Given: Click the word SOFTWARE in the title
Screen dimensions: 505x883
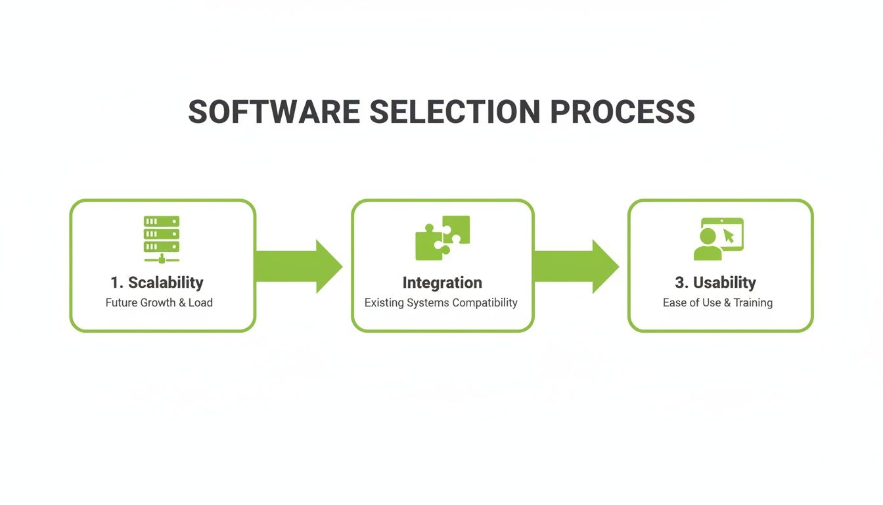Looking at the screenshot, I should [x=274, y=112].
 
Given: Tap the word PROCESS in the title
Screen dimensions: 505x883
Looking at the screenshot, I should [x=622, y=112].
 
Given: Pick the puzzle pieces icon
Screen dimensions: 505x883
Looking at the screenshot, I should [x=442, y=237].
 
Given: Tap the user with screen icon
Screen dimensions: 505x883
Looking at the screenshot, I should [x=718, y=239].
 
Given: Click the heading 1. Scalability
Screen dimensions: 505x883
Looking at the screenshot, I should [x=157, y=283].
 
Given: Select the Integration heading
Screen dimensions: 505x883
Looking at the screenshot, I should [x=442, y=283].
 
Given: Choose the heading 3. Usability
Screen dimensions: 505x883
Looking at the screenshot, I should [x=715, y=283].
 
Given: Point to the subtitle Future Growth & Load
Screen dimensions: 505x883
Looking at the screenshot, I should [x=159, y=303].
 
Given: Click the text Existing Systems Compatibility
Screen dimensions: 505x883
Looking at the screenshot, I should [x=441, y=303].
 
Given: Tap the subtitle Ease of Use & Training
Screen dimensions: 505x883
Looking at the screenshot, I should [x=717, y=303].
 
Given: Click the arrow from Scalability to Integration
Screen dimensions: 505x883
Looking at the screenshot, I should [x=299, y=266].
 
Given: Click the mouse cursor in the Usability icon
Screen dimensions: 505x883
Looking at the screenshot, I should [x=728, y=235].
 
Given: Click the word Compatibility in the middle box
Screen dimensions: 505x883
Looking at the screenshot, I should [x=485, y=303].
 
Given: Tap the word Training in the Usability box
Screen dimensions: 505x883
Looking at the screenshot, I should [x=753, y=303].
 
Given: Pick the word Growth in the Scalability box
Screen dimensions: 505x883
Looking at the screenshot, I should [x=157, y=303].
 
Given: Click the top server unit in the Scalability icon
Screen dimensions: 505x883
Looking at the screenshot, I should [x=162, y=222].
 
